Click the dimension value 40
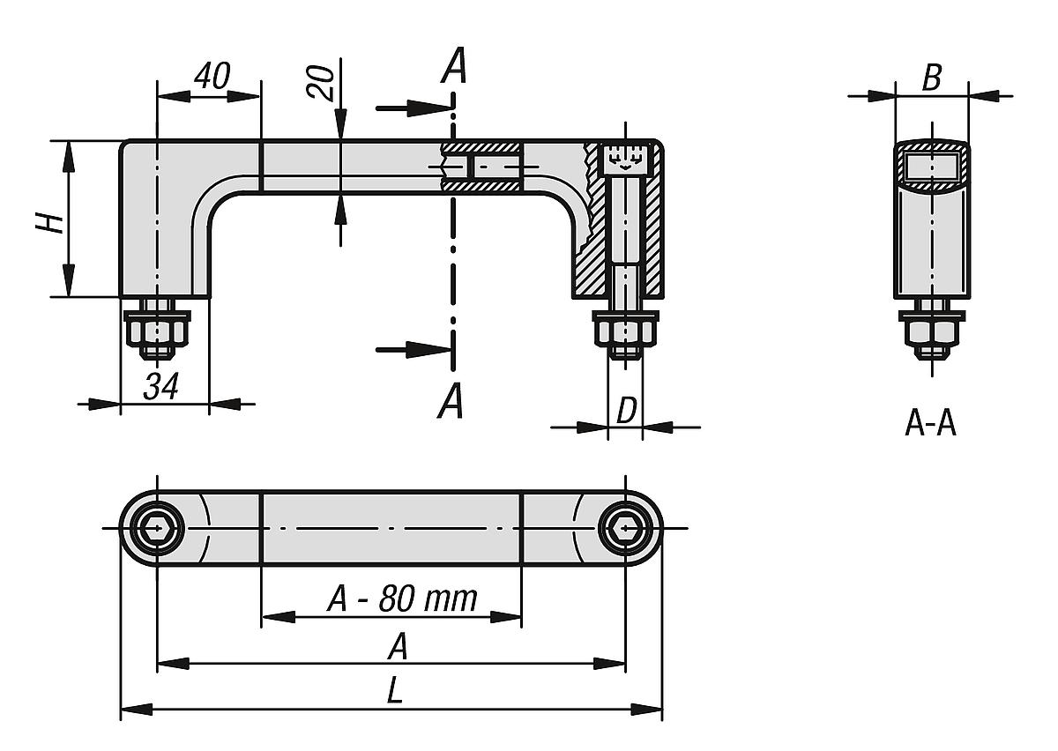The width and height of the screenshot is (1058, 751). [x=211, y=78]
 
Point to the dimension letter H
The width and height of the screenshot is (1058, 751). [x=52, y=220]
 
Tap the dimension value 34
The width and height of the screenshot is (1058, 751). [x=162, y=386]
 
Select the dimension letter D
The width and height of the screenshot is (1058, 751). [x=625, y=410]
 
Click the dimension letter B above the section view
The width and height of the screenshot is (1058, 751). [x=931, y=78]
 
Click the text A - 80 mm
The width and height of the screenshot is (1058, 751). [x=402, y=599]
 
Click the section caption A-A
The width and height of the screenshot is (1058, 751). [x=930, y=425]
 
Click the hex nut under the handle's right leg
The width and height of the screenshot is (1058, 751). [x=626, y=332]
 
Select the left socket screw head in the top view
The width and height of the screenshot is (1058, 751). [x=157, y=529]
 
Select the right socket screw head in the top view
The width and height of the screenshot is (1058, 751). [x=625, y=529]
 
